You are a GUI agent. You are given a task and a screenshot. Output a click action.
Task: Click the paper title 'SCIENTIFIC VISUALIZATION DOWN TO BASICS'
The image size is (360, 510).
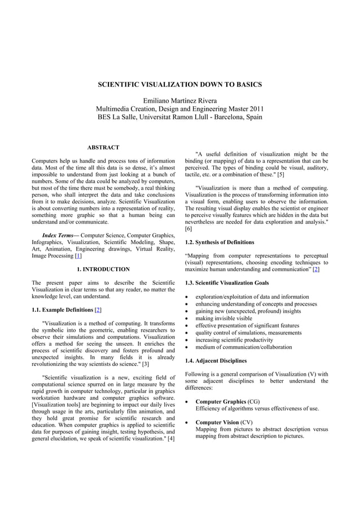[x=180, y=85]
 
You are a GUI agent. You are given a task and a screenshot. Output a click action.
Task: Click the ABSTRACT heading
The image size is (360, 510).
[x=103, y=147]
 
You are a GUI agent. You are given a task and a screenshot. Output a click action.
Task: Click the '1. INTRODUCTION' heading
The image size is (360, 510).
[x=103, y=269]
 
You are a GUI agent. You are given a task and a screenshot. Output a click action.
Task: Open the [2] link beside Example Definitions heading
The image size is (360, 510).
[x=98, y=310]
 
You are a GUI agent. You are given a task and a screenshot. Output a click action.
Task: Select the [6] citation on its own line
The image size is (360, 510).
[x=188, y=229]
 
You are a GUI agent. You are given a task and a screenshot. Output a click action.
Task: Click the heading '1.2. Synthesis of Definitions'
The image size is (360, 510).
[x=219, y=242]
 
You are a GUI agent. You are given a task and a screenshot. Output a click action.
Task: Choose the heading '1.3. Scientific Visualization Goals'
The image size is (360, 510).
[x=227, y=283]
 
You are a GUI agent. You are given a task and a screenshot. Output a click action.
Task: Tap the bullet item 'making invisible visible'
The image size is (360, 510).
[x=224, y=318]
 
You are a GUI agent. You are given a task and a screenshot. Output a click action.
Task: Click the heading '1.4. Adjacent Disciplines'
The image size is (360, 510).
[x=216, y=360]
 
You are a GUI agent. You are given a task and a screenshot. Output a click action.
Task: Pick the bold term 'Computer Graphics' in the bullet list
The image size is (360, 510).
[x=221, y=402]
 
